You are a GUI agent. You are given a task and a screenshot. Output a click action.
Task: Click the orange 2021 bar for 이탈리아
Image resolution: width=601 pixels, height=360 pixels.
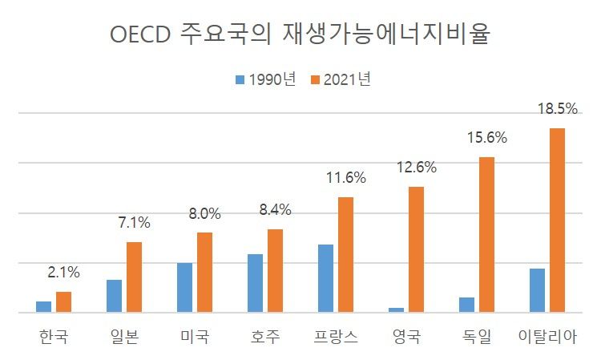click(557, 220)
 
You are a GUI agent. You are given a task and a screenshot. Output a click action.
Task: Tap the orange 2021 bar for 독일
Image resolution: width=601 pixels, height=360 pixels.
click(486, 234)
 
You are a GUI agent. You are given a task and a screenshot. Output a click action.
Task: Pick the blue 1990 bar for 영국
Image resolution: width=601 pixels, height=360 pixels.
click(397, 309)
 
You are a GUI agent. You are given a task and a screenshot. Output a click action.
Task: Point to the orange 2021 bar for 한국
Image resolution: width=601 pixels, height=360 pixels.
click(63, 301)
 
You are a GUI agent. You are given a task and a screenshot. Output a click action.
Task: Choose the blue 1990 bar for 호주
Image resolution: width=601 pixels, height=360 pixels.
click(256, 283)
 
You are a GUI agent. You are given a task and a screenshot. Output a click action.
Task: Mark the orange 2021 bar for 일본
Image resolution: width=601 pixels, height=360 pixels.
click(134, 277)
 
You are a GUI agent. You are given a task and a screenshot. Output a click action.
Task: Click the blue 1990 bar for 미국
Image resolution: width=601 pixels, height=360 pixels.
click(185, 287)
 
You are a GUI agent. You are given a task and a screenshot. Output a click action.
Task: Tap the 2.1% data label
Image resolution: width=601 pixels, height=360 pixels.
click(63, 272)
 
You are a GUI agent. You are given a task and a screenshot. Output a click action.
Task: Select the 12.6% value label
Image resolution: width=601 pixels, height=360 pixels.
click(417, 168)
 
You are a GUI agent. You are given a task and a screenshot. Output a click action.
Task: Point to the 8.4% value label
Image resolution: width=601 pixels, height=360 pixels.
click(275, 210)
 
